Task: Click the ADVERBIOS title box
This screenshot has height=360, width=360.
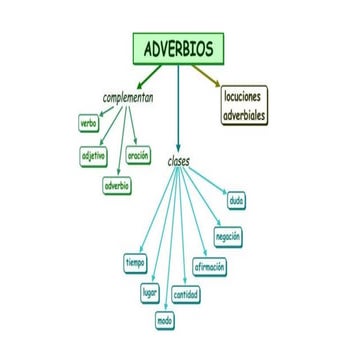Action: tap(178, 47)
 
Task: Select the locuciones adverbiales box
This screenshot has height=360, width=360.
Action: tap(244, 105)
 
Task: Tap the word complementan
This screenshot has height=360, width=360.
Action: tap(128, 98)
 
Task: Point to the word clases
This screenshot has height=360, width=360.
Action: tap(179, 160)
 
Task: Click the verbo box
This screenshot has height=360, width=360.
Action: tap(88, 123)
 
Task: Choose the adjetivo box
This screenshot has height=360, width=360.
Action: tap(94, 156)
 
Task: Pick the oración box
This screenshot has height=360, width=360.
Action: tap(138, 156)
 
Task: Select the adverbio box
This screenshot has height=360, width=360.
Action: tap(116, 186)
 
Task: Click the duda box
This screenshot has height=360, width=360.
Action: tap(236, 201)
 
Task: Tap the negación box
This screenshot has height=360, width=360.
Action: tap(228, 236)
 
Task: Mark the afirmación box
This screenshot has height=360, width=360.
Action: tap(210, 267)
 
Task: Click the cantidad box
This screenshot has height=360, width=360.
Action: tap(186, 295)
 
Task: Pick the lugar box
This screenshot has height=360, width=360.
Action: tap(150, 292)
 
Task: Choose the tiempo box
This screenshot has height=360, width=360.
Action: tap(135, 263)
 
